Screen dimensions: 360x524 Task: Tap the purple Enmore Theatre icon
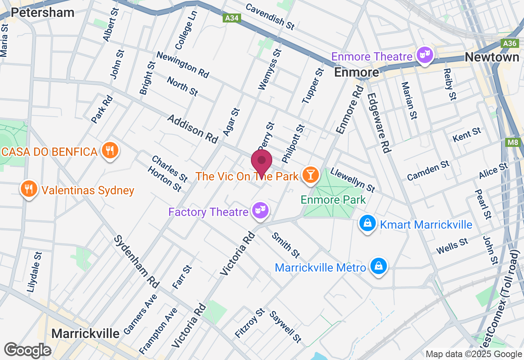click(425, 55)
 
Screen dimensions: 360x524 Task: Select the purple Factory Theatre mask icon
click(260, 211)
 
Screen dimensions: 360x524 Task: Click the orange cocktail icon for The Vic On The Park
click(310, 175)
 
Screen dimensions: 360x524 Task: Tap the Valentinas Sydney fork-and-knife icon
click(28, 189)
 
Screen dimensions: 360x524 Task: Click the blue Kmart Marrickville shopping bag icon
click(368, 223)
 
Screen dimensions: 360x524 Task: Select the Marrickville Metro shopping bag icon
click(379, 266)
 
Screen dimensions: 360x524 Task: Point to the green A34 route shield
click(233, 18)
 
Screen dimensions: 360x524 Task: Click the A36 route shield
click(510, 43)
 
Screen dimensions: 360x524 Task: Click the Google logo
click(27, 351)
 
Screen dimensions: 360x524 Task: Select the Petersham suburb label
click(43, 12)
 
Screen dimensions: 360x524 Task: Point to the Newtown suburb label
click(492, 57)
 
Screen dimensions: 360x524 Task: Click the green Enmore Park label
click(333, 200)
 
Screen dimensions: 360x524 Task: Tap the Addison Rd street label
click(192, 129)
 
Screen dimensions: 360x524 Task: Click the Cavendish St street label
click(270, 16)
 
